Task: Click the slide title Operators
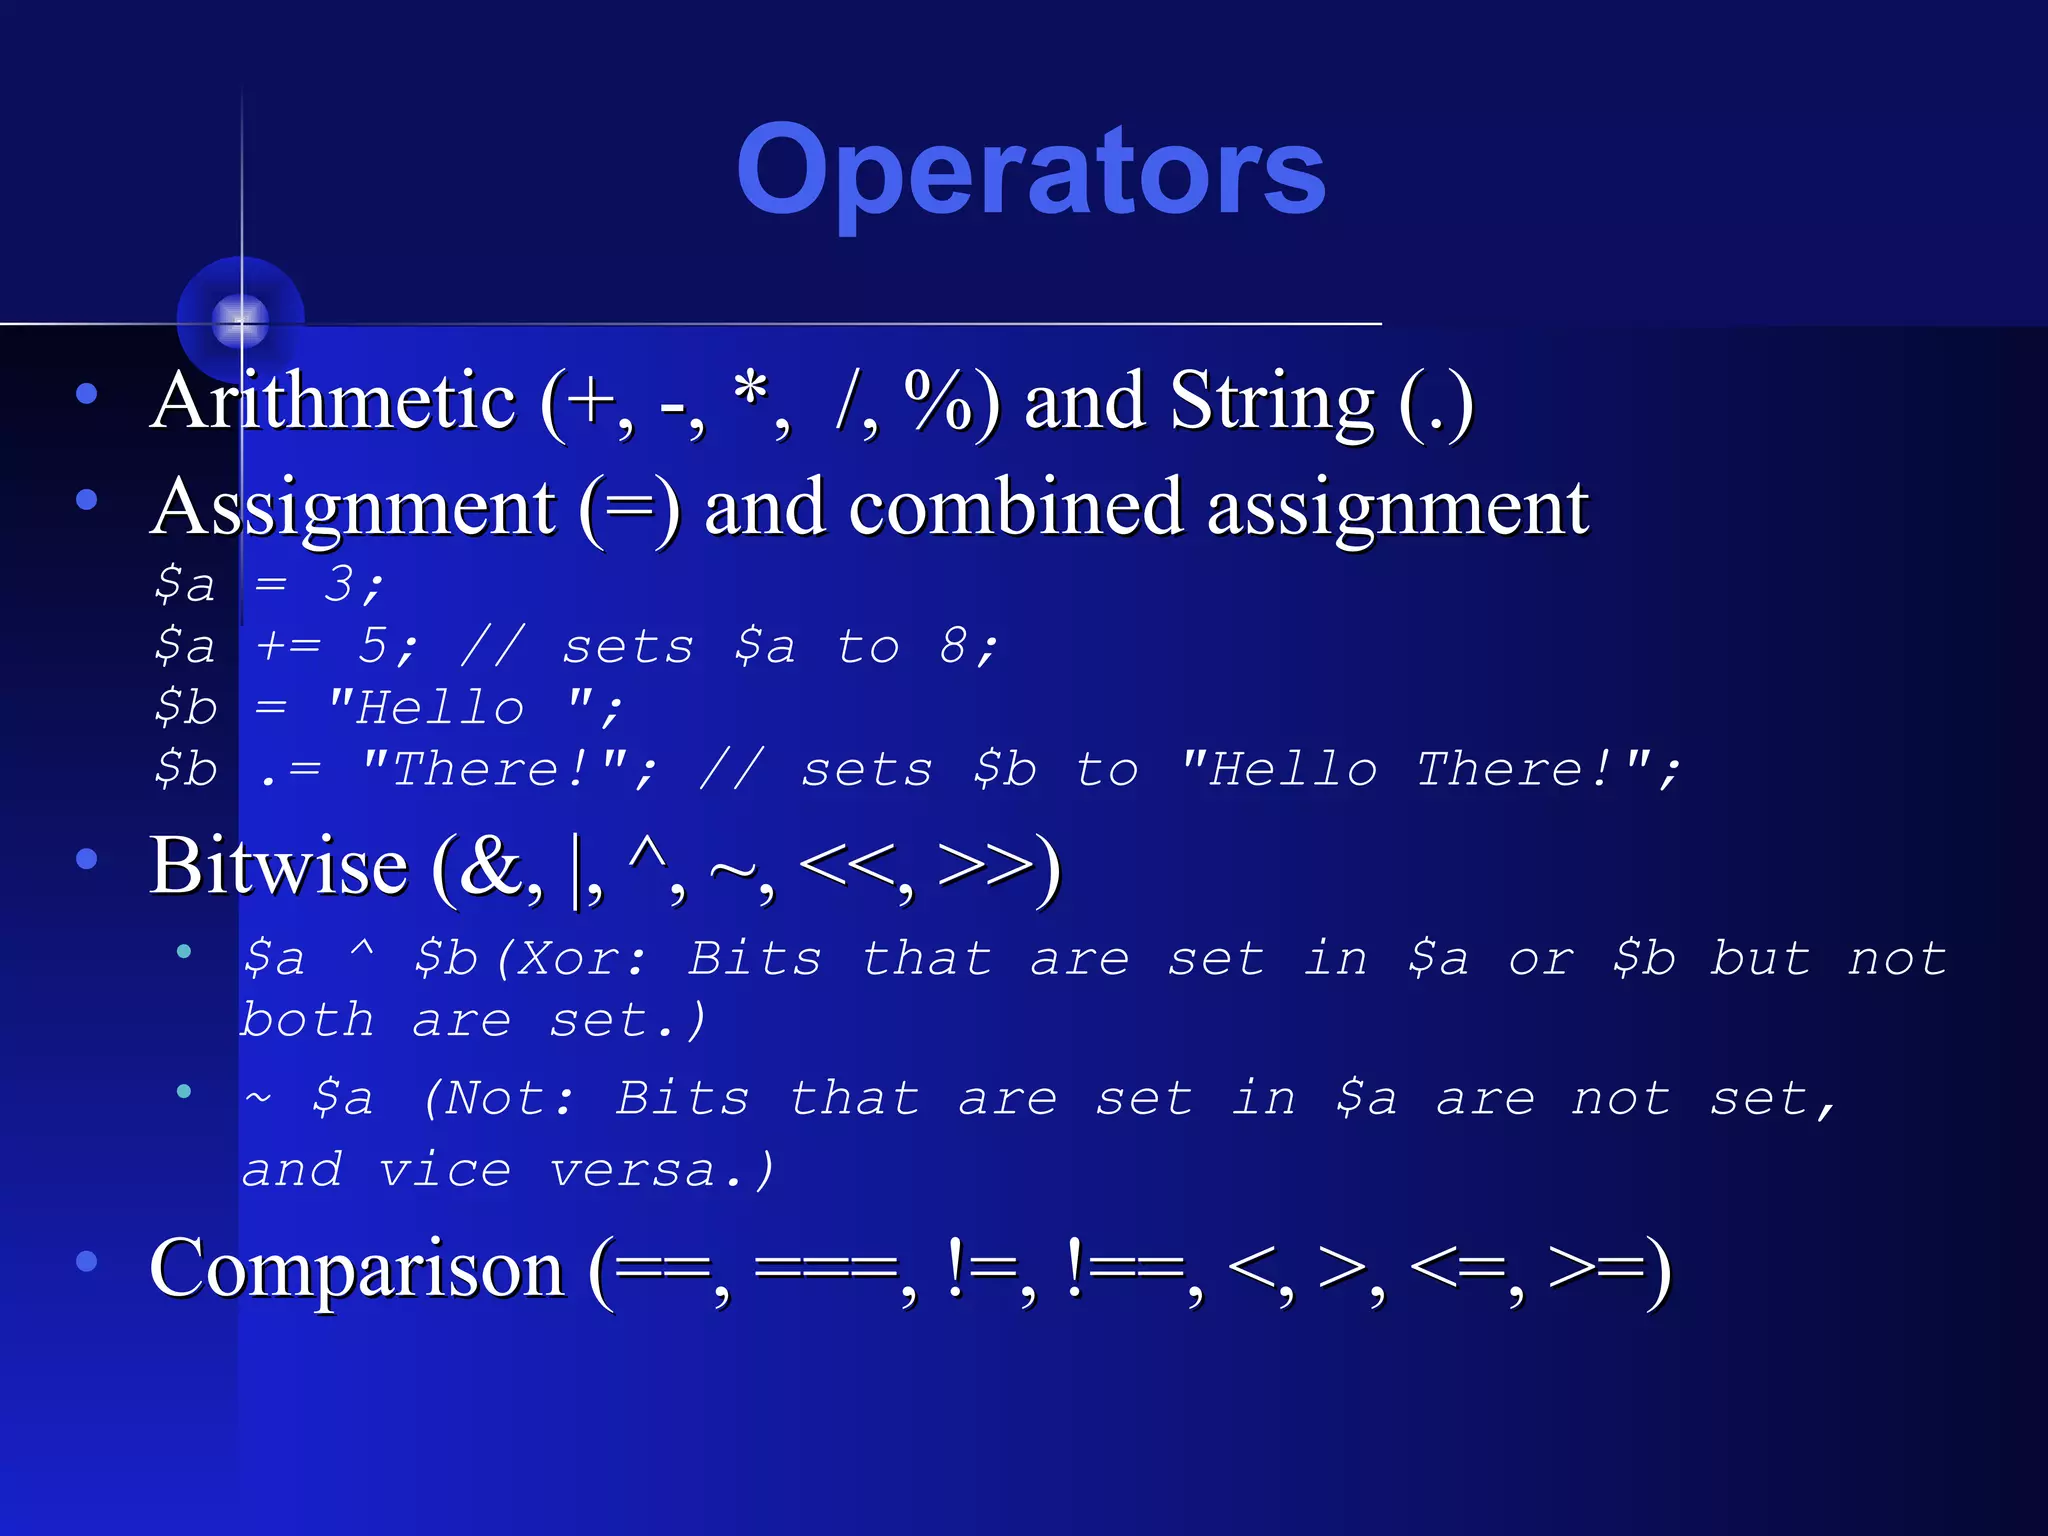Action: click(1030, 172)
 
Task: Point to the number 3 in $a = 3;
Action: click(339, 583)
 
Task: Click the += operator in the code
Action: click(288, 646)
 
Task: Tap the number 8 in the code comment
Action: click(953, 646)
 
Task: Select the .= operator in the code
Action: click(290, 770)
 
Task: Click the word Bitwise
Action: click(279, 866)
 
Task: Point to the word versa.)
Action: click(661, 1170)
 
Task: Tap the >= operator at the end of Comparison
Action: click(1596, 1268)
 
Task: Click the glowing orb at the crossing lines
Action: click(241, 320)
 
